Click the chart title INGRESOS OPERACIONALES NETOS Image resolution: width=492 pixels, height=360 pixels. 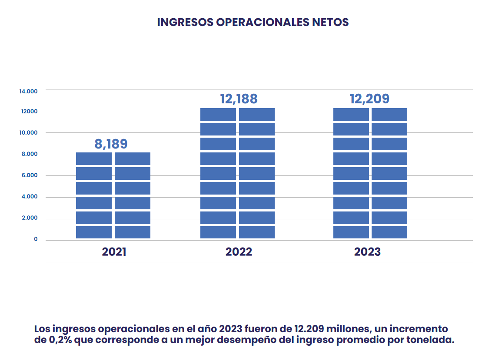(x=253, y=22)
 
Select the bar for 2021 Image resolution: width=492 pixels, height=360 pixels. (x=113, y=195)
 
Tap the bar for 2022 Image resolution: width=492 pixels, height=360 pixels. (x=237, y=174)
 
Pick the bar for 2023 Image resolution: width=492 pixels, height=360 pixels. (x=370, y=174)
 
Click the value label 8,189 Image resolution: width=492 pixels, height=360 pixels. (x=111, y=144)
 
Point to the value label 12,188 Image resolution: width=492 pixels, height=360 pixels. (x=239, y=99)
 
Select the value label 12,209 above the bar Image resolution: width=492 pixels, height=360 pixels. (x=369, y=99)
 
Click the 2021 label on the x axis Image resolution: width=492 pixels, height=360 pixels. (x=114, y=252)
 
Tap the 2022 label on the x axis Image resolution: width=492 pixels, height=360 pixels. (x=239, y=252)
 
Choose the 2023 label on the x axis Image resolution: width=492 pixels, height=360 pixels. (x=367, y=252)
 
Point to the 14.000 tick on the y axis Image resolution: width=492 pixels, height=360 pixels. (x=28, y=91)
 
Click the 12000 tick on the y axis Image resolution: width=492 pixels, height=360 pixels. (x=29, y=112)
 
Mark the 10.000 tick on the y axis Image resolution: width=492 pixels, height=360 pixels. (x=28, y=133)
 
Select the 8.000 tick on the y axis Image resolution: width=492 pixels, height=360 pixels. (x=30, y=154)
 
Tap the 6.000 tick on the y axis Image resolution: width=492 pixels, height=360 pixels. (x=30, y=175)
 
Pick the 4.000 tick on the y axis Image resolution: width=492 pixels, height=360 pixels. (x=30, y=197)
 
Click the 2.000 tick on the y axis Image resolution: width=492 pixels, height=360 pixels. (x=30, y=218)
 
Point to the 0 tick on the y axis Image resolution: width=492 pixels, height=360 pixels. (x=36, y=239)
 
